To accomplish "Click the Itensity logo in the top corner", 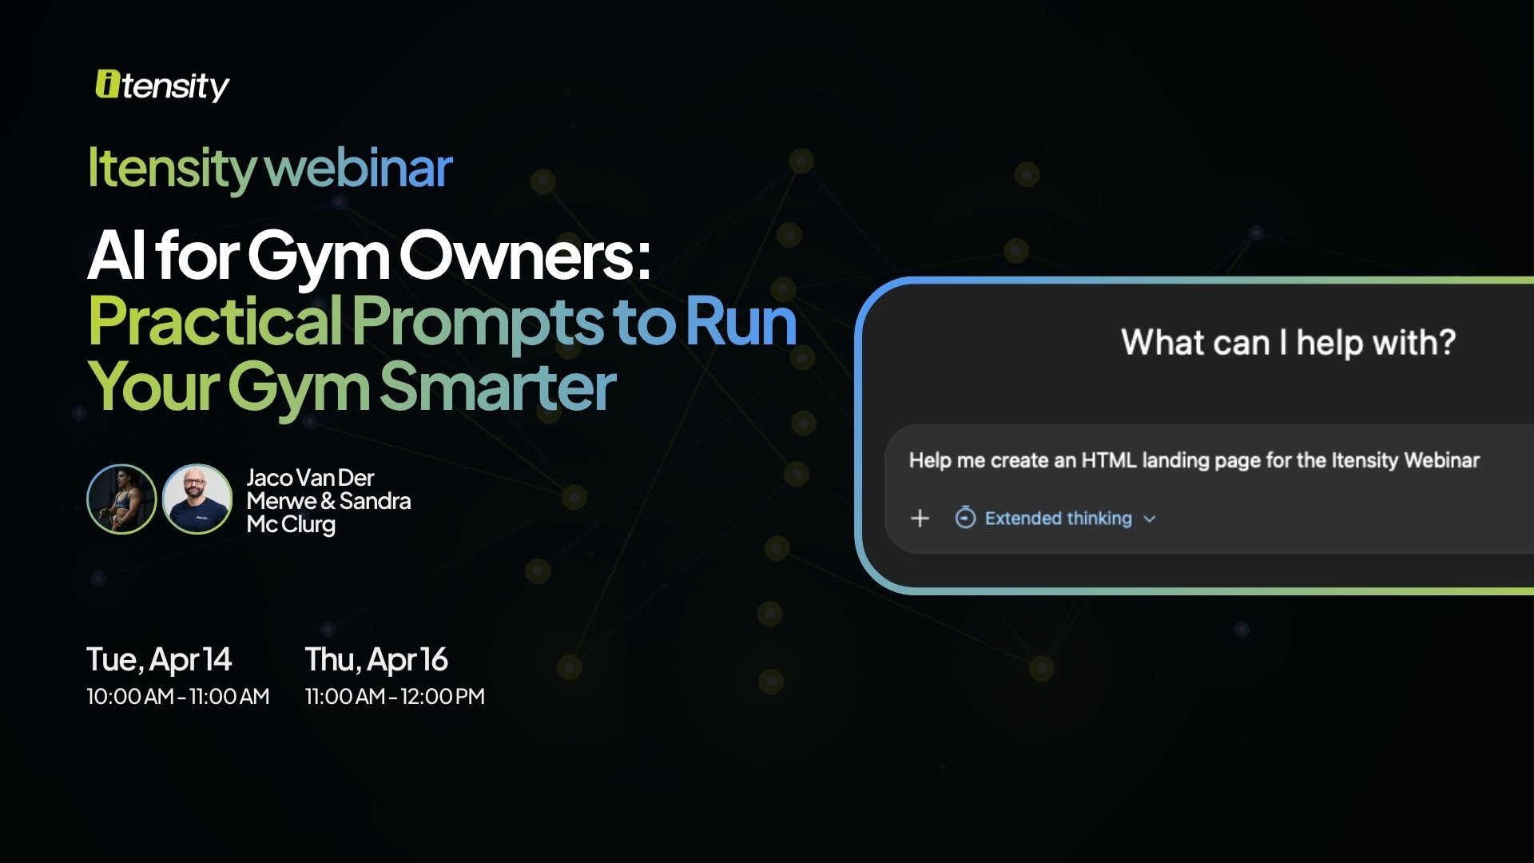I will (x=162, y=86).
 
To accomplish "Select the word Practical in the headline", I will (x=215, y=321).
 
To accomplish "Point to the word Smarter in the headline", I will (x=497, y=387).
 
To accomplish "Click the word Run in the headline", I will (x=741, y=321).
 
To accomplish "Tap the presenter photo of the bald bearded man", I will (x=197, y=499).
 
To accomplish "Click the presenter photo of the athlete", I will (x=121, y=499).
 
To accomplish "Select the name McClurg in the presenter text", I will (x=291, y=524).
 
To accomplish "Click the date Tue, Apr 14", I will (x=159, y=660).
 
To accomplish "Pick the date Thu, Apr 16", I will (x=376, y=660).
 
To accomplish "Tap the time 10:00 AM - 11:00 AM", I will (x=177, y=696).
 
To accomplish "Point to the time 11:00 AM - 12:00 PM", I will (x=395, y=696).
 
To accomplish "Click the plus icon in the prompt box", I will (x=920, y=519).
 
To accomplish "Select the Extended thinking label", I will (x=1058, y=519).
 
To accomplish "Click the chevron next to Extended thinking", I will (x=1150, y=519).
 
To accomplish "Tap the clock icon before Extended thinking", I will (x=965, y=518).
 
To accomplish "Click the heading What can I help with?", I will (x=1288, y=343).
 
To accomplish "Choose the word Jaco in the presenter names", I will (x=269, y=478).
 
